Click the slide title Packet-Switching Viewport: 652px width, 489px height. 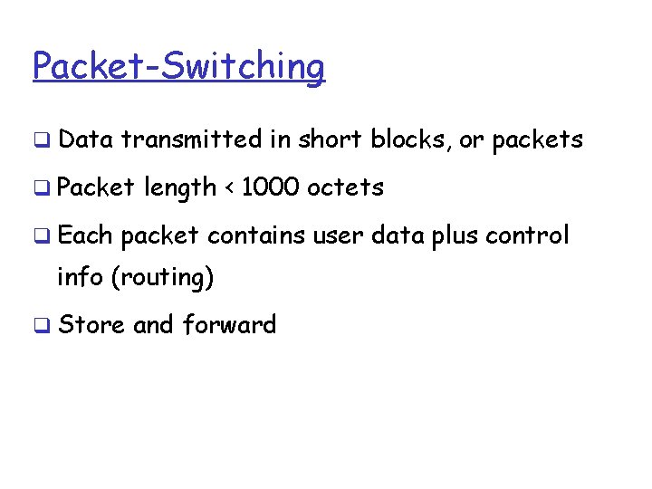click(x=178, y=66)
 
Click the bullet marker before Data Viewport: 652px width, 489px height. click(x=43, y=141)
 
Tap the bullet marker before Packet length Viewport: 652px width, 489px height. click(x=43, y=189)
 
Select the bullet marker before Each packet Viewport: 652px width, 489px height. click(x=43, y=237)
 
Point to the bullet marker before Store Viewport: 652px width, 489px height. click(x=43, y=326)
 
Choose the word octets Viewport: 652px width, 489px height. click(x=345, y=187)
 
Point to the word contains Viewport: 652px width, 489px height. click(x=256, y=235)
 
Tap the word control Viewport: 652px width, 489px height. click(x=527, y=235)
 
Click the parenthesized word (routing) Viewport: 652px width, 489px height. click(x=162, y=278)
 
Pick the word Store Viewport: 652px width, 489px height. click(x=91, y=324)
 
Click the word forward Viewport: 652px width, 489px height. click(x=229, y=324)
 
